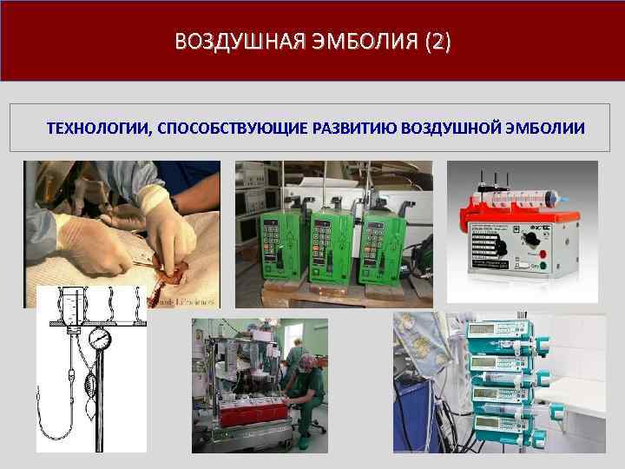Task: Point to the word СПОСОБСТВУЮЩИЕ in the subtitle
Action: pyautogui.click(x=230, y=129)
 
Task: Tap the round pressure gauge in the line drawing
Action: pyautogui.click(x=101, y=337)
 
